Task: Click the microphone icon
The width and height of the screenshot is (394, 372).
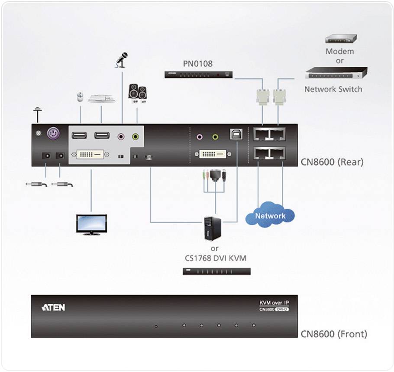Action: (x=122, y=60)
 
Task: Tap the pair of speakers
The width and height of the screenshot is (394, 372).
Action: (x=137, y=92)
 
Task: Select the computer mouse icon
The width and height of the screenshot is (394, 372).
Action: (x=80, y=97)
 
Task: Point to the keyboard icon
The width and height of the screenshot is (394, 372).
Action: (x=102, y=98)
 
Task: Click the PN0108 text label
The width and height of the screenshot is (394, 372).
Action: (x=197, y=64)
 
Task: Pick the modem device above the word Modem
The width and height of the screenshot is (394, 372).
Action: (x=341, y=39)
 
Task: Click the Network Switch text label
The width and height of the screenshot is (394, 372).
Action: (x=333, y=89)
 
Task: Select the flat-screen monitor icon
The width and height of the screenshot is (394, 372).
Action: (x=91, y=224)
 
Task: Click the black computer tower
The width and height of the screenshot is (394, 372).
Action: (x=213, y=228)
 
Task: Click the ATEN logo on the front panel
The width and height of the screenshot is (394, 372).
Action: (x=53, y=307)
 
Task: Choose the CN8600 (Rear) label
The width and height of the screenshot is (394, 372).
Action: (x=332, y=162)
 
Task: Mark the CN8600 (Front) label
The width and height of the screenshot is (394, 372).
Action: (x=334, y=334)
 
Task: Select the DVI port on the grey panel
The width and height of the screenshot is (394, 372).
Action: (x=90, y=154)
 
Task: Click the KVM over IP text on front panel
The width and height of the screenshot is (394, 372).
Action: (x=271, y=303)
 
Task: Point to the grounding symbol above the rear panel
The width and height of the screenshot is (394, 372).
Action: (x=38, y=115)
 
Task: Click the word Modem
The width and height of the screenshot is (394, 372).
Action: (x=340, y=51)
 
